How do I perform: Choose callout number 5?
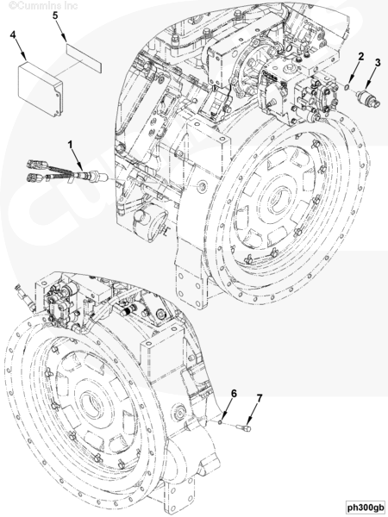click(55, 16)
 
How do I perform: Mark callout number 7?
click(258, 398)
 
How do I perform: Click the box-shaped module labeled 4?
click(42, 88)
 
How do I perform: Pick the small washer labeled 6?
click(222, 420)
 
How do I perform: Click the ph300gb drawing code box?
click(364, 506)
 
